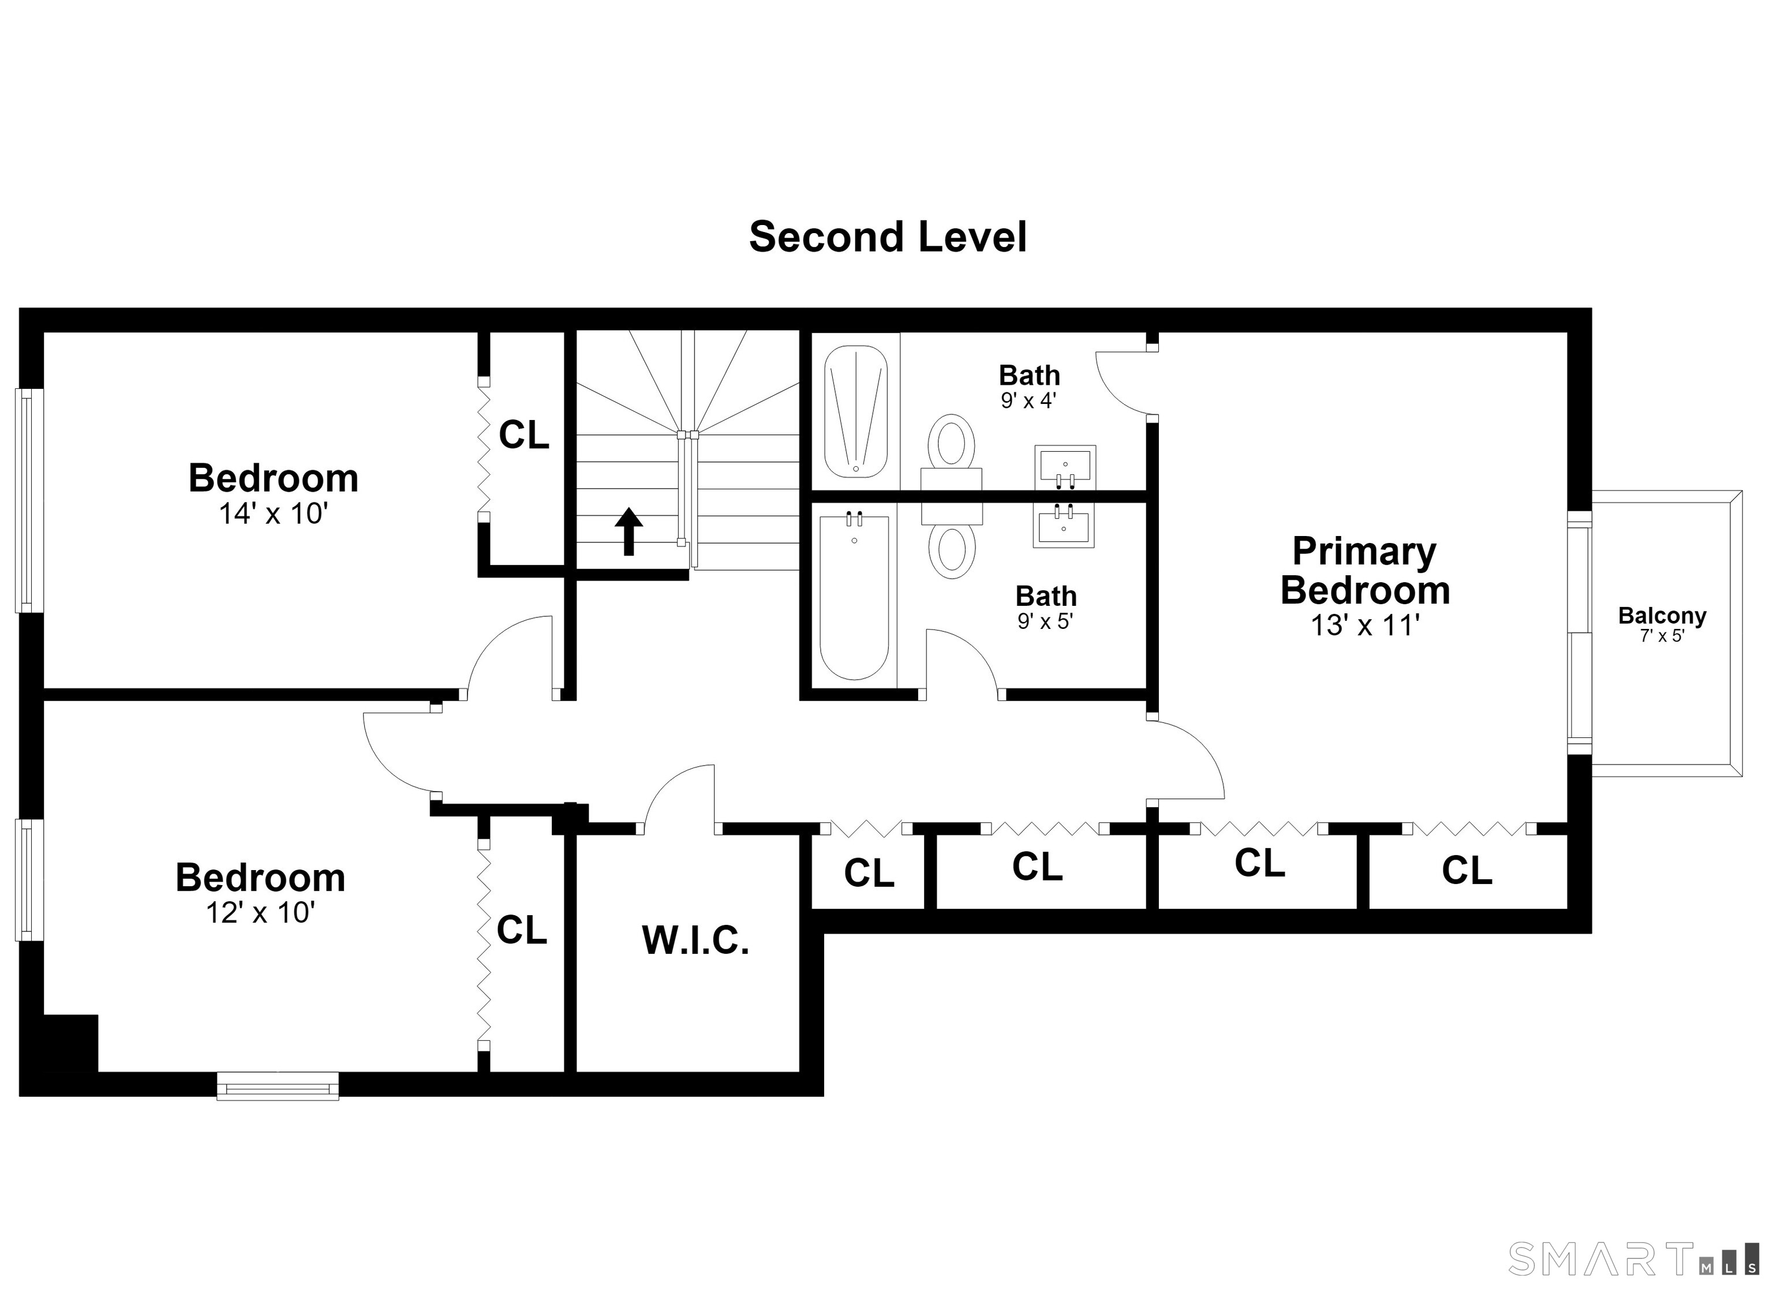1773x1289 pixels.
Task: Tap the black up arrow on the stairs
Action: click(629, 531)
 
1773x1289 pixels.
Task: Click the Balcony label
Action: click(1662, 616)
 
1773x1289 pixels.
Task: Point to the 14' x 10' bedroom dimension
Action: click(273, 514)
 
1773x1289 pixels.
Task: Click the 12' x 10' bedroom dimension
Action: click(260, 912)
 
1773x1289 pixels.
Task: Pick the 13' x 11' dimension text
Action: click(1365, 625)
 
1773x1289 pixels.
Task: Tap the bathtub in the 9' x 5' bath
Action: click(854, 597)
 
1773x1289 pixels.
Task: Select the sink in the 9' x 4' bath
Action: click(1065, 467)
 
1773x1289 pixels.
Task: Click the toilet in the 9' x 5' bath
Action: click(951, 539)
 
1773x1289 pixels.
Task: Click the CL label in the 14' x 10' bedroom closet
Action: click(524, 434)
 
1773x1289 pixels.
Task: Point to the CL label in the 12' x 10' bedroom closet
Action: click(521, 930)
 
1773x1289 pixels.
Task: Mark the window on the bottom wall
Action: click(278, 1086)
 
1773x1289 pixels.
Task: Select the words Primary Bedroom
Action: click(1365, 571)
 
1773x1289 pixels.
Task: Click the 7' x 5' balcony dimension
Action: click(1662, 636)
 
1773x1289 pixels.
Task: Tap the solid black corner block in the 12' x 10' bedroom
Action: click(70, 1043)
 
